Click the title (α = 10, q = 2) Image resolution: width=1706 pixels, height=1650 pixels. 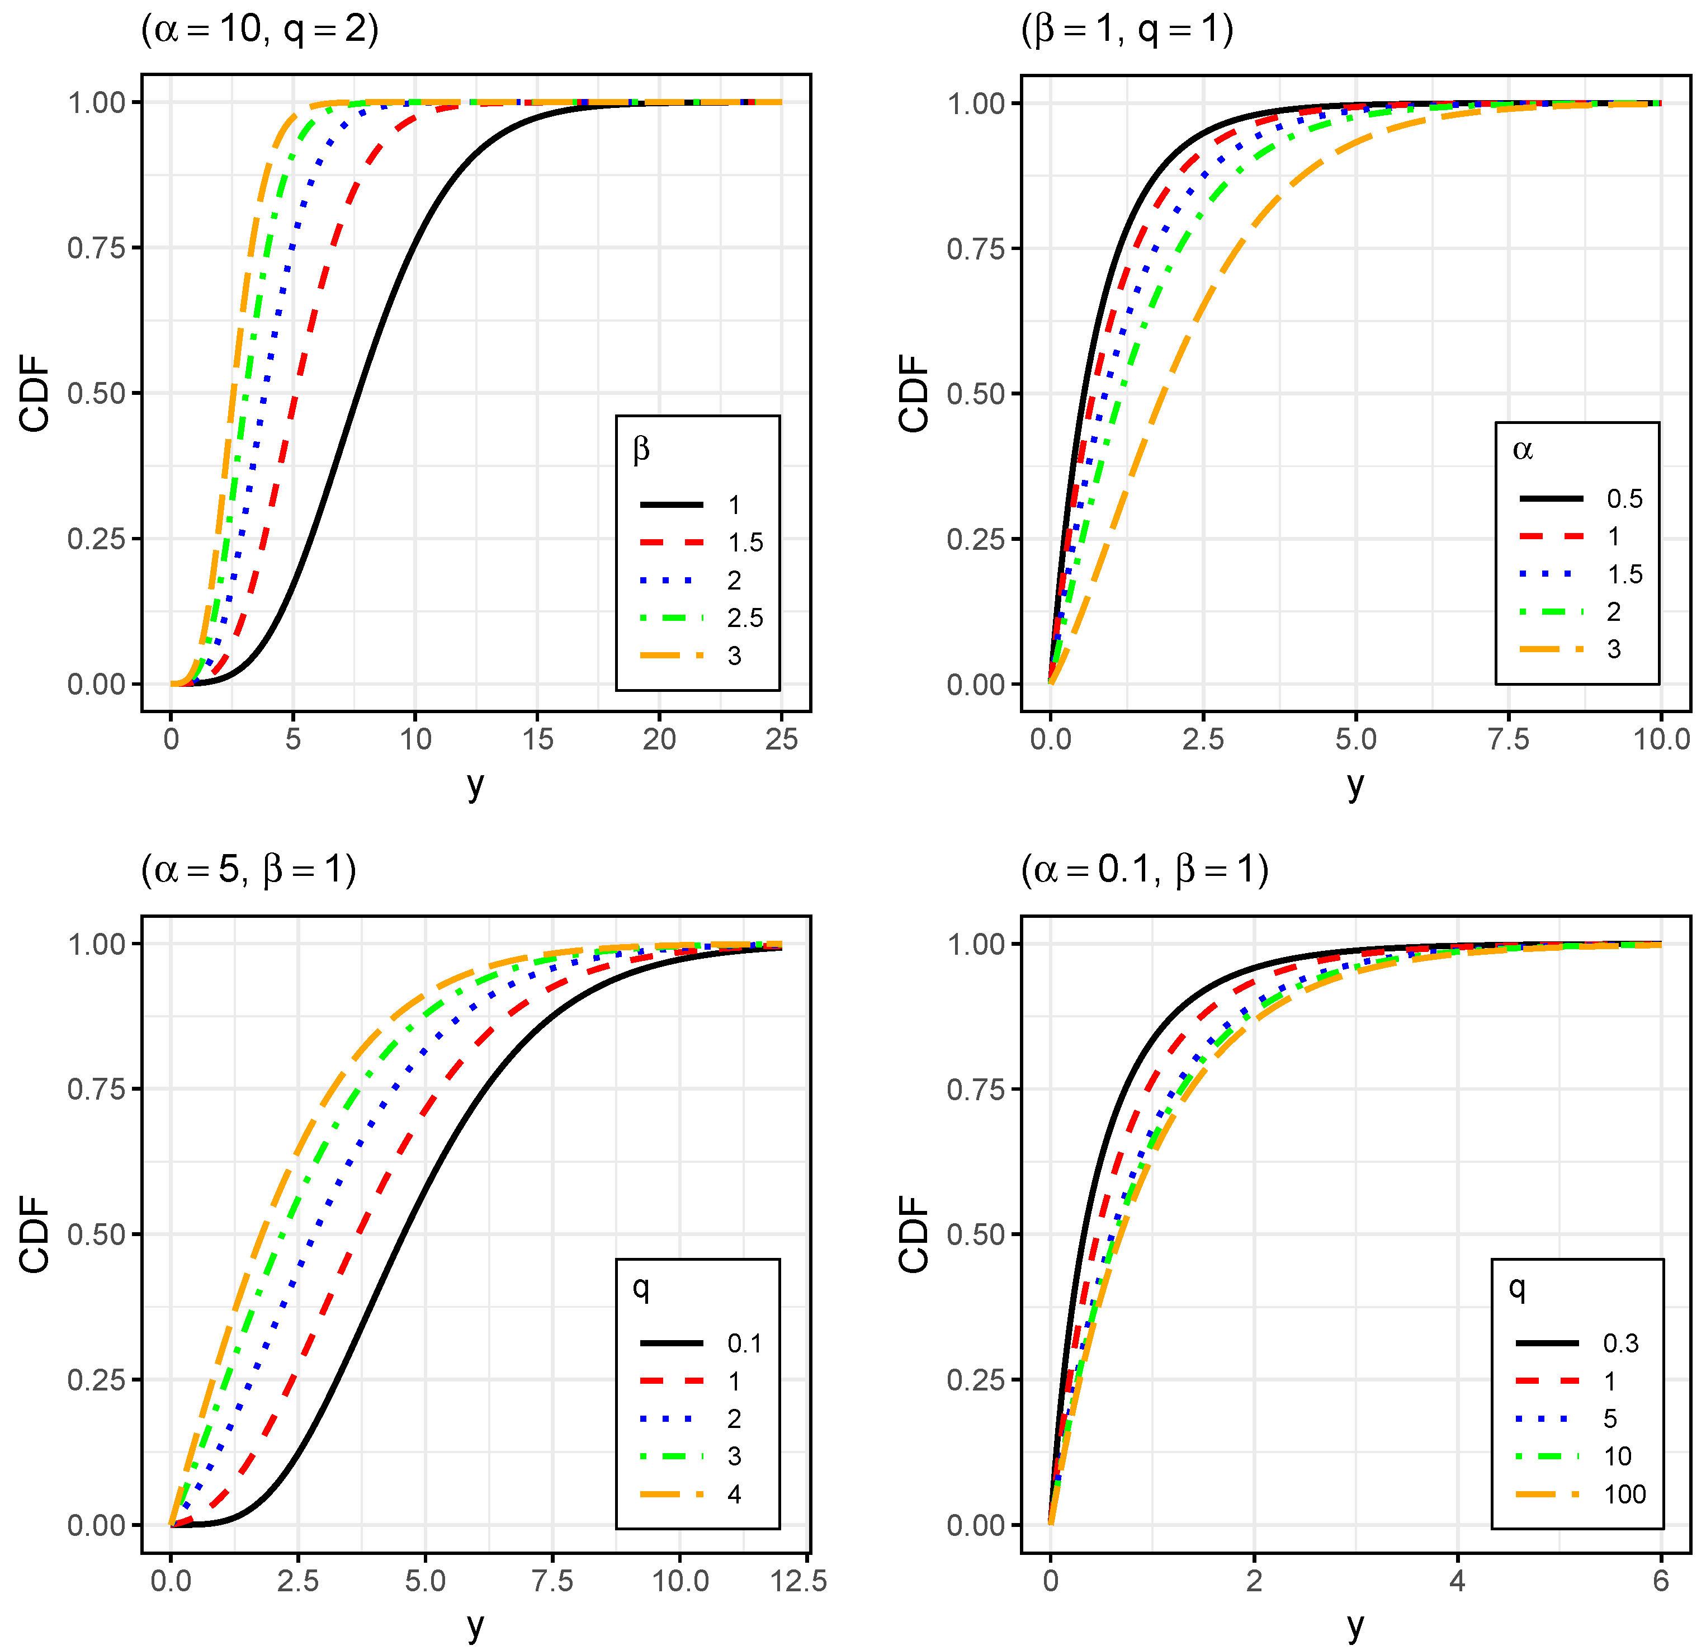click(259, 30)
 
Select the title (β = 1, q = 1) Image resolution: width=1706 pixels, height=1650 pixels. click(1127, 30)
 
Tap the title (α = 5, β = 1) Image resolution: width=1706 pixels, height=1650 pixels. click(249, 869)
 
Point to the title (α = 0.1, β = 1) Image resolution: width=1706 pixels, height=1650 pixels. click(1145, 869)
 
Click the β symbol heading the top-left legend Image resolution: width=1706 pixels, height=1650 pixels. click(641, 449)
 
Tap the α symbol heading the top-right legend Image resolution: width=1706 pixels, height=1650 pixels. click(1523, 449)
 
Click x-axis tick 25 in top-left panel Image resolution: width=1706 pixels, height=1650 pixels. click(781, 739)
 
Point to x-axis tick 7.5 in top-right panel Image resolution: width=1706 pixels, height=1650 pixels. click(1509, 739)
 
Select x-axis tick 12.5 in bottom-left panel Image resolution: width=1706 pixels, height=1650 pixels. click(798, 1580)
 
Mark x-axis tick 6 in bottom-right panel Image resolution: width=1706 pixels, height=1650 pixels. click(1661, 1580)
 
